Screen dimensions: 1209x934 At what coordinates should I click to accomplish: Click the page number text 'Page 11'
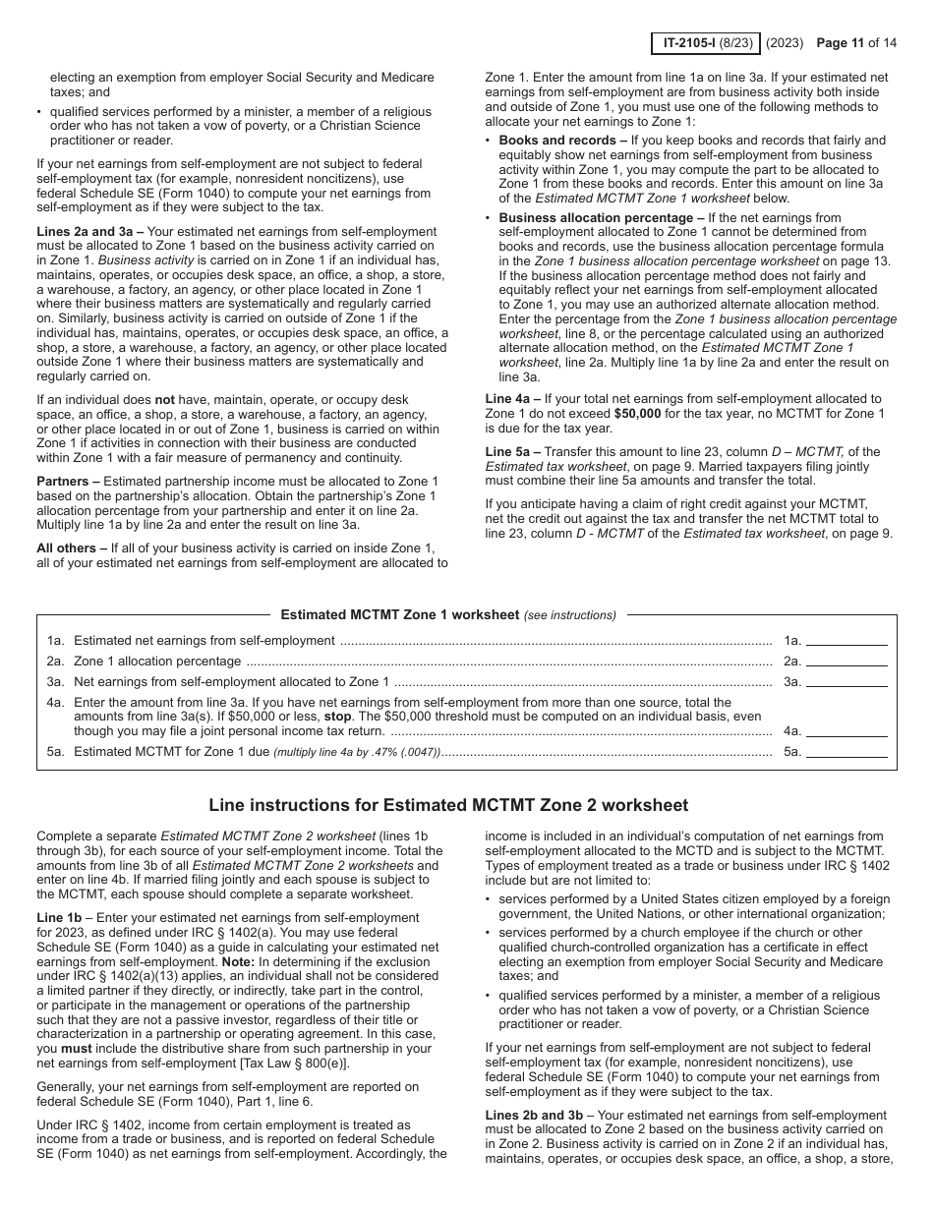coord(845,43)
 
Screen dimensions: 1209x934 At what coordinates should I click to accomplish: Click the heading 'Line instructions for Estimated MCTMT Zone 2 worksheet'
coord(448,805)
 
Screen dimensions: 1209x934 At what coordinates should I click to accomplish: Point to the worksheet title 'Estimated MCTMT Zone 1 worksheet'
coord(400,615)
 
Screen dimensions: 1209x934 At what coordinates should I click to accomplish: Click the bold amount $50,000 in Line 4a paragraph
coord(638,414)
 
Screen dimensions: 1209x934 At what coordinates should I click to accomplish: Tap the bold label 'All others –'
coord(72,547)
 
